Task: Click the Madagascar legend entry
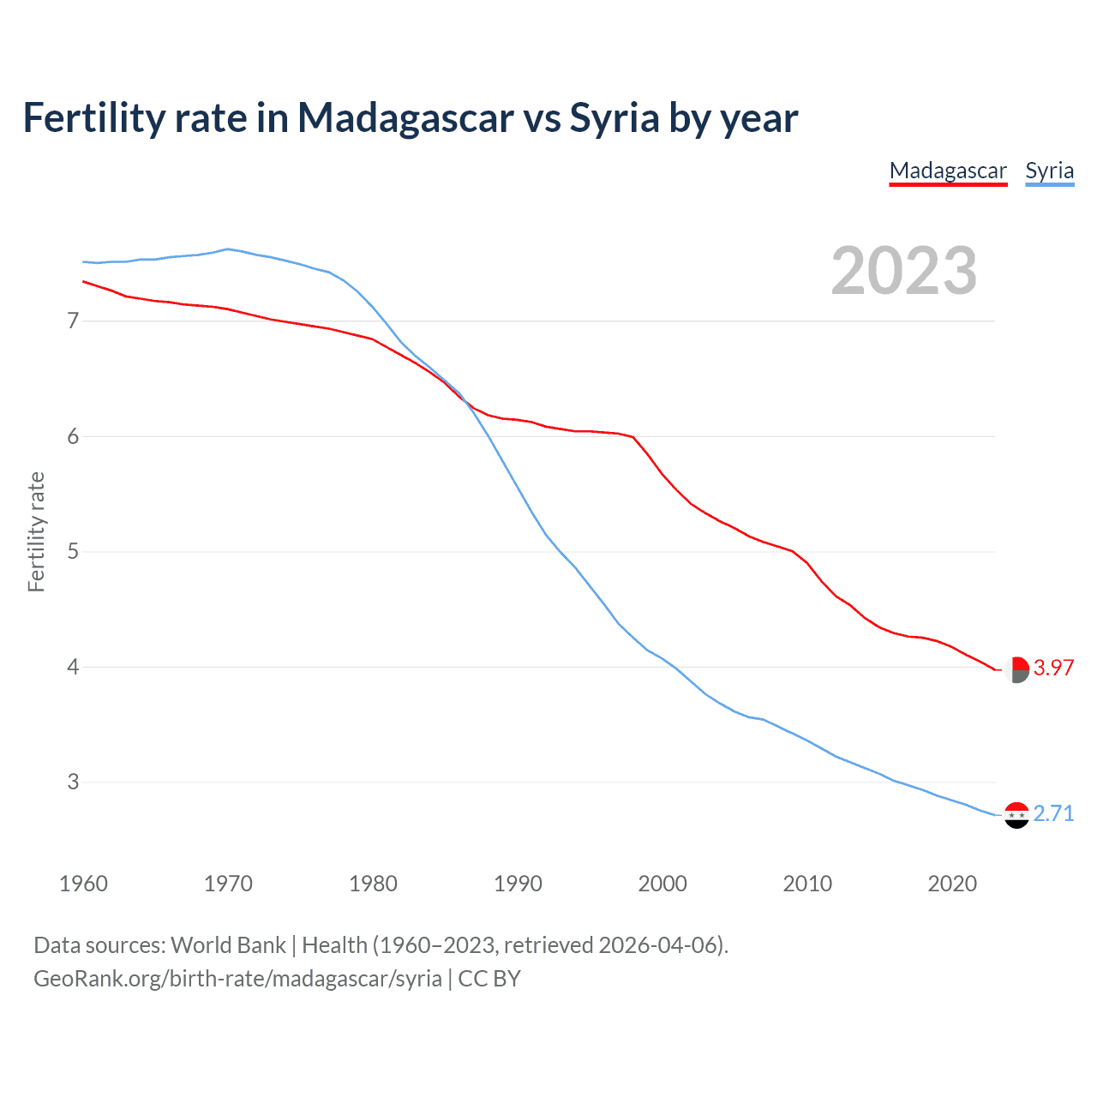(948, 171)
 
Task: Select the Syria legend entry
(1049, 171)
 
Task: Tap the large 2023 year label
(903, 271)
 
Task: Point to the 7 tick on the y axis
(73, 321)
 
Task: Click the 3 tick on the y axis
(73, 782)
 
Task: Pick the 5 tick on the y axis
(73, 551)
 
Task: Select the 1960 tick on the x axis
(83, 884)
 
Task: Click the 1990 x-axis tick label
(518, 884)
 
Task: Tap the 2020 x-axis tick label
(952, 884)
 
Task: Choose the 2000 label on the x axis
(662, 884)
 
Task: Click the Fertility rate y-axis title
(36, 531)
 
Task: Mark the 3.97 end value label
(1053, 668)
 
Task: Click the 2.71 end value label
(1053, 813)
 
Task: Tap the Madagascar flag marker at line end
(1016, 669)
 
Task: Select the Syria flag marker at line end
(1016, 815)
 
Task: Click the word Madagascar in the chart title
(405, 118)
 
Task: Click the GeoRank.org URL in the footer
(237, 979)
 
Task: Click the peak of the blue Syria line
(227, 249)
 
